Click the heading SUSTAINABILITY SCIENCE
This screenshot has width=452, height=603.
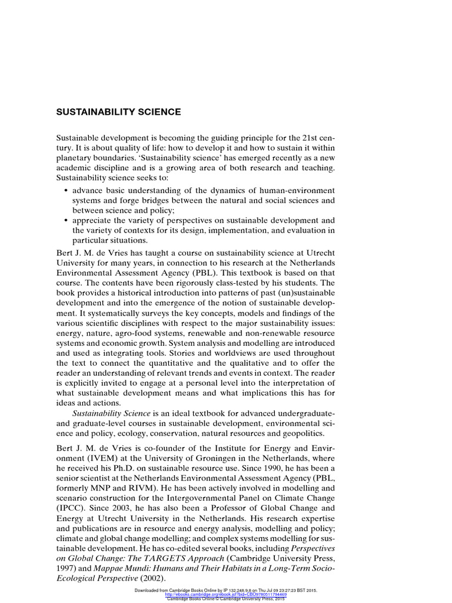[126, 111]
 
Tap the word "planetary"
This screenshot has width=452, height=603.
[89, 159]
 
